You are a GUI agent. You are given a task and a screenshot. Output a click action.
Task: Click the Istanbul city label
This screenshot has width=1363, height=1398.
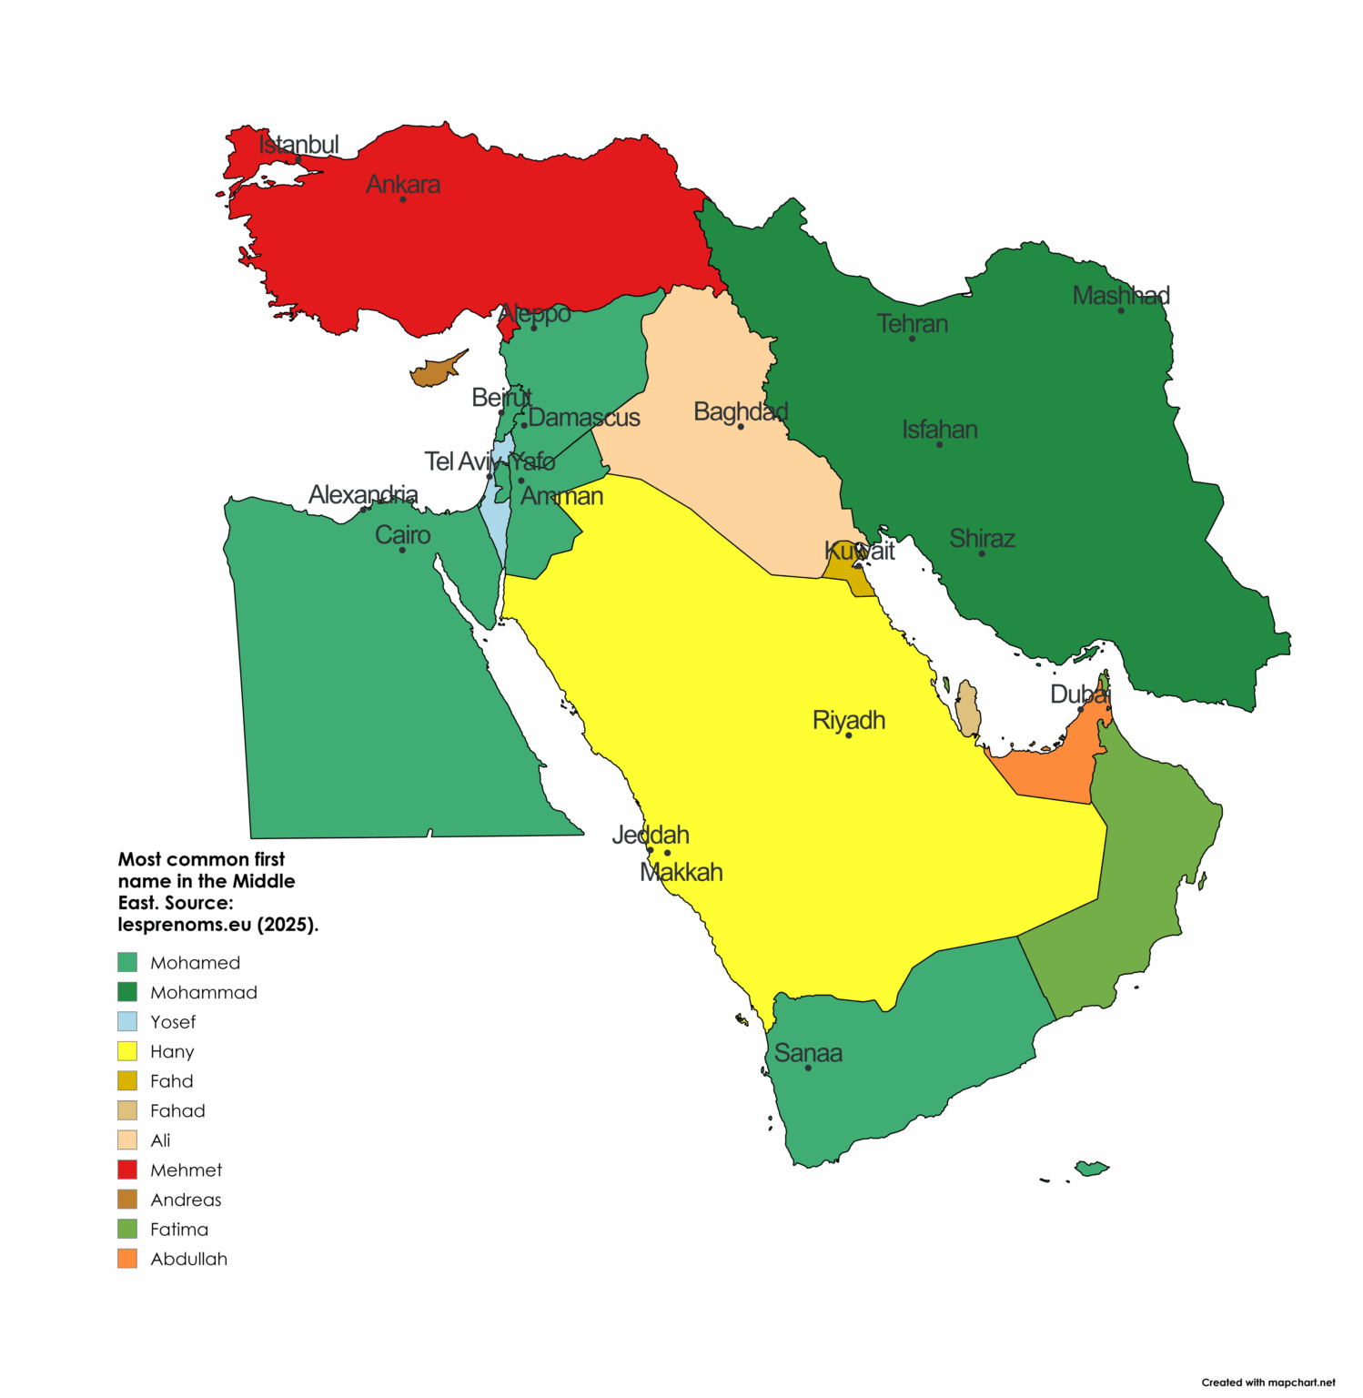click(298, 145)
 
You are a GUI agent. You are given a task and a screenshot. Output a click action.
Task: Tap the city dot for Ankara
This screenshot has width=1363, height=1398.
click(403, 199)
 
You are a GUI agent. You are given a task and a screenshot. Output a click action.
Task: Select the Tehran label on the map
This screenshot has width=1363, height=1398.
click(912, 324)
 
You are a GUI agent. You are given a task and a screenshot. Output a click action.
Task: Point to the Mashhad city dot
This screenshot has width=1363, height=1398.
click(1121, 310)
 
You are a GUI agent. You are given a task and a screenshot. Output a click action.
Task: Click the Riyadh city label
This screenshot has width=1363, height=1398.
click(848, 720)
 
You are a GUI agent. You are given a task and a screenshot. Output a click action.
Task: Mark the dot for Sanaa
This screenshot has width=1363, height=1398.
click(808, 1068)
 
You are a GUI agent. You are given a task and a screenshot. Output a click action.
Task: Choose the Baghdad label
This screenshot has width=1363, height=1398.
click(740, 411)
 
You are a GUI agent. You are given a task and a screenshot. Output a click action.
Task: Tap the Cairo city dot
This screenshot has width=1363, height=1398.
click(402, 550)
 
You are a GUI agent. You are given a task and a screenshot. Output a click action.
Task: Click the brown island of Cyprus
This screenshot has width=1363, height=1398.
click(435, 372)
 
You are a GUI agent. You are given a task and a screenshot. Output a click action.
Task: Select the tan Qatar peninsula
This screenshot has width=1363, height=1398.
click(968, 709)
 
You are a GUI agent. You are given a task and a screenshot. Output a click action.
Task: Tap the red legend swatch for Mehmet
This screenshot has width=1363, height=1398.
click(127, 1170)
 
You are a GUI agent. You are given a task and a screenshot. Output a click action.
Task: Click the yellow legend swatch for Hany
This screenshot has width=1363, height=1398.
click(127, 1051)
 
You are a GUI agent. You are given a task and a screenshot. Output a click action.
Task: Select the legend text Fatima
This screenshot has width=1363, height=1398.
click(179, 1230)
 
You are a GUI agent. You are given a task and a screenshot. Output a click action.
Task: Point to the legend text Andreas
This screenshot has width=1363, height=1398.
click(186, 1200)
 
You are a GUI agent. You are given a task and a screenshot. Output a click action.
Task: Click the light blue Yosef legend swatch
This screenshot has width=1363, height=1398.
click(127, 1021)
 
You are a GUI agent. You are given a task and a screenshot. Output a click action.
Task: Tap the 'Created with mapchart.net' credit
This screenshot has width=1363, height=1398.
click(1267, 1382)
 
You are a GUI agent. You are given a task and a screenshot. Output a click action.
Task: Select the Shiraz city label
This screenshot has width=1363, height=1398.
click(982, 539)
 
